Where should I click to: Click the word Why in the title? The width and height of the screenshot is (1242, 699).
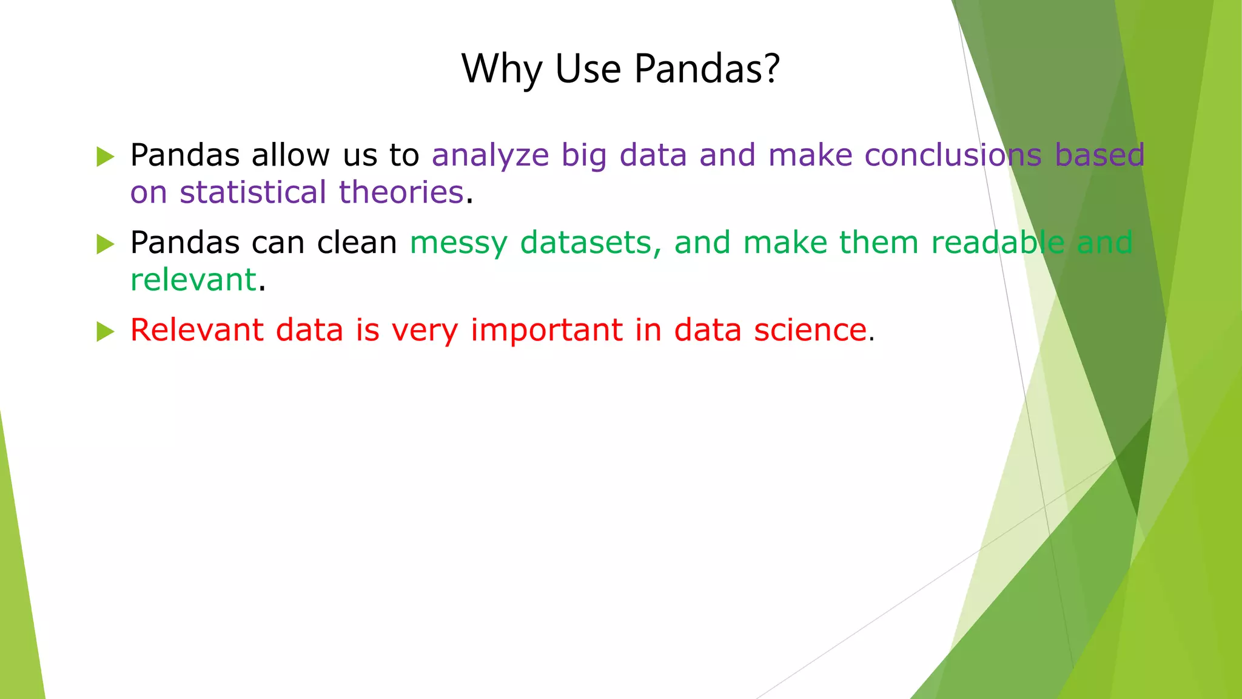coord(502,69)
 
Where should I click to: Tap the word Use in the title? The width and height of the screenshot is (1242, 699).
coord(588,68)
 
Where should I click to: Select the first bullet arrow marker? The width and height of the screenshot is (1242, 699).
coord(105,157)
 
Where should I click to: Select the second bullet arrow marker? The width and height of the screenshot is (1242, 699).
coord(105,245)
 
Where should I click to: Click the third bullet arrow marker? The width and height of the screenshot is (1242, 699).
coord(105,332)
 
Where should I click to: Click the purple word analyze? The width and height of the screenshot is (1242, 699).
coord(490,156)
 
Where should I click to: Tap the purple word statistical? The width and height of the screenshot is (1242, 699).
coord(253,192)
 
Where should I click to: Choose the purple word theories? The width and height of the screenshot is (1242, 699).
coord(401,192)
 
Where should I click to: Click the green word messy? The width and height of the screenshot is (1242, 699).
coord(458,243)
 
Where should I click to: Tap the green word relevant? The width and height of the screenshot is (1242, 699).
coord(193,280)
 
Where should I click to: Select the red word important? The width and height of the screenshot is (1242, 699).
coord(546,331)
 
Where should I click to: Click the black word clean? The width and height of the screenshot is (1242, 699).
coord(357,242)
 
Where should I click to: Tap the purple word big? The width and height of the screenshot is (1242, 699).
coord(583,156)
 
